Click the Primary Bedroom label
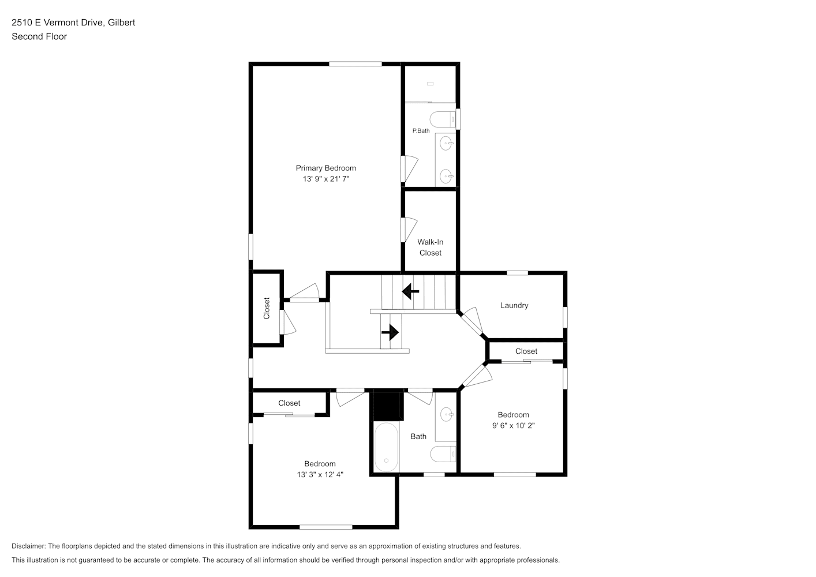[x=325, y=168]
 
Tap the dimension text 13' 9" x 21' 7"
[x=325, y=179]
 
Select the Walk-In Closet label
[x=431, y=248]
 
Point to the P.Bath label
[x=421, y=131]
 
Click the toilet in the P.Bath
[x=443, y=119]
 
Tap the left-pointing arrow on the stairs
[x=410, y=291]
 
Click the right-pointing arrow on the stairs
[x=390, y=332]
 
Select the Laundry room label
[x=514, y=305]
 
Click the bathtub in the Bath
[x=386, y=447]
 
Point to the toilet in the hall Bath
[x=443, y=454]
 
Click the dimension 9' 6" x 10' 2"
[x=513, y=425]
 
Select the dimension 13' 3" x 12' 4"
[x=320, y=475]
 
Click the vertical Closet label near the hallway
[x=267, y=309]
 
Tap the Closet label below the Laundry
[x=526, y=351]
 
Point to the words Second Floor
[x=39, y=36]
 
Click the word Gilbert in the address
[x=121, y=23]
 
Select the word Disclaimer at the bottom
[x=28, y=546]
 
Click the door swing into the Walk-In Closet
[x=410, y=230]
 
